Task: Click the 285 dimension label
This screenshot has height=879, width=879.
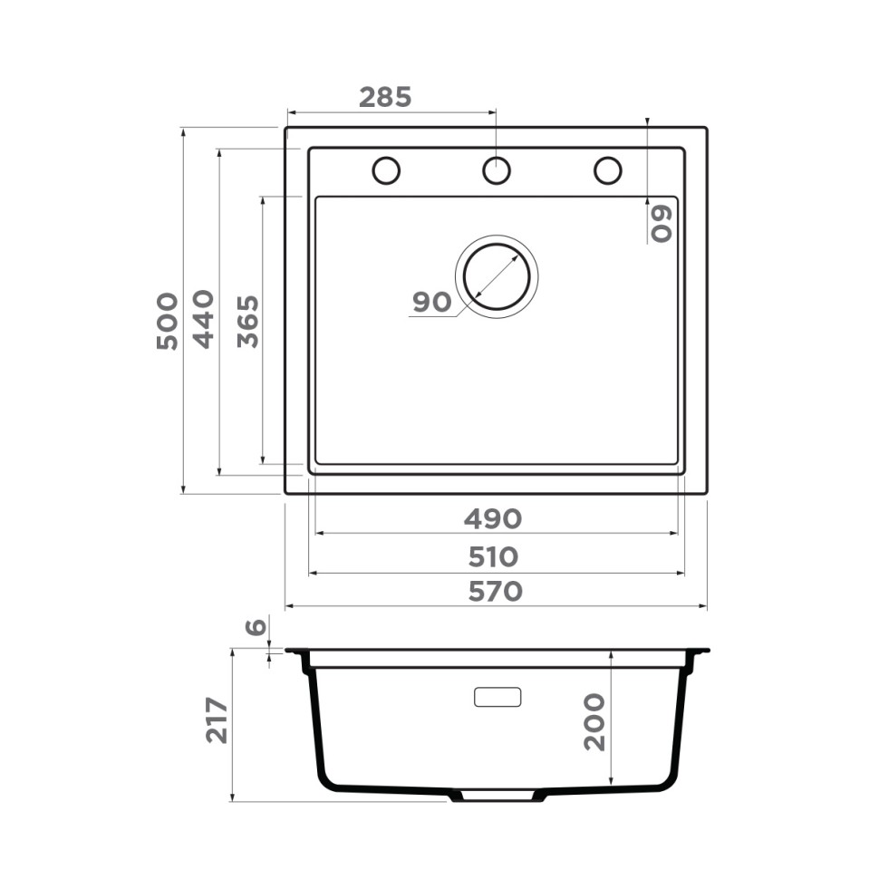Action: pos(385,97)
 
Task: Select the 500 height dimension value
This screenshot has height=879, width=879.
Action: pos(167,321)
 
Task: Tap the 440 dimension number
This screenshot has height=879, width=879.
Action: pos(203,319)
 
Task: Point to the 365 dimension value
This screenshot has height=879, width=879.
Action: pos(247,322)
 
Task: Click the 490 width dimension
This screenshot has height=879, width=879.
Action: pos(493,519)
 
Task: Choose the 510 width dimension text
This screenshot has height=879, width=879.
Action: pos(493,556)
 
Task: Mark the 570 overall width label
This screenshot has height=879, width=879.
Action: pos(495,592)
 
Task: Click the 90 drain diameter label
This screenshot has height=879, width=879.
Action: pos(431,303)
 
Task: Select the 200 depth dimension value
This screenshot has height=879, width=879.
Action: pos(594,721)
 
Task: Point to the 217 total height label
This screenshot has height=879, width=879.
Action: pos(217,720)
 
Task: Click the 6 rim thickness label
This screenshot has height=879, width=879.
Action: pos(256,627)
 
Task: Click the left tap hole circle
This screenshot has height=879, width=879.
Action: pos(386,169)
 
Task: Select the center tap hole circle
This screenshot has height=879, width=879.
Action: pos(496,169)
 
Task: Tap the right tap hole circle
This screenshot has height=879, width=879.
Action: pos(607,169)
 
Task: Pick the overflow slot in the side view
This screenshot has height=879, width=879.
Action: pos(497,697)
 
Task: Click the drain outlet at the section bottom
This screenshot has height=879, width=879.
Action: pos(496,796)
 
